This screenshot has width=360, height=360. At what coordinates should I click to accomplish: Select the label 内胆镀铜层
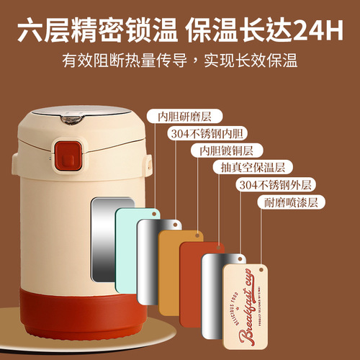point(221,150)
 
